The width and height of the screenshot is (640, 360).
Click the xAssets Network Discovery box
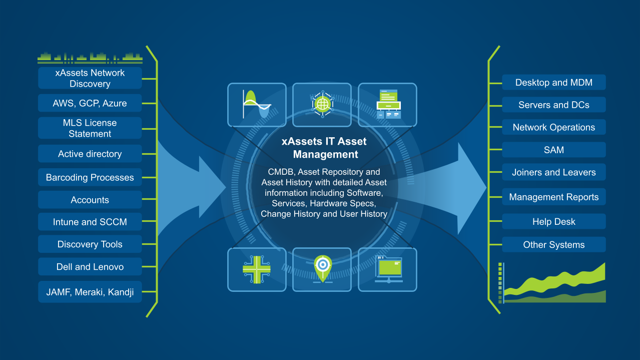[x=90, y=78]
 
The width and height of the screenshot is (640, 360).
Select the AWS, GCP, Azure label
[x=90, y=103]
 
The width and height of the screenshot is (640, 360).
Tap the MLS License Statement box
[x=90, y=128]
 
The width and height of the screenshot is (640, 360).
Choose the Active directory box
[x=90, y=154]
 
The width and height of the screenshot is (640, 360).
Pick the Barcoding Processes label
[x=90, y=177]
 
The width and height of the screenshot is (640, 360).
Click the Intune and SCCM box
[x=90, y=222]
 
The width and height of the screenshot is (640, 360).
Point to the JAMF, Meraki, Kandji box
[x=90, y=292]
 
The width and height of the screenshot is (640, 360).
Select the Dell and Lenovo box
[x=90, y=267]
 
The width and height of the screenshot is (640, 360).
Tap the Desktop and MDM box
[x=554, y=83]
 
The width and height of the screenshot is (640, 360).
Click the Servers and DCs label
[x=554, y=105]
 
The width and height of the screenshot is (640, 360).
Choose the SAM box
[x=554, y=150]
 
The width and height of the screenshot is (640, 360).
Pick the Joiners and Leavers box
[x=554, y=172]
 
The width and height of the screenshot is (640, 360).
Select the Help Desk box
[x=554, y=222]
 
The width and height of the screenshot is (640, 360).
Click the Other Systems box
[x=554, y=245]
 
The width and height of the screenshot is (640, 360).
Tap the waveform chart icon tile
[x=257, y=105]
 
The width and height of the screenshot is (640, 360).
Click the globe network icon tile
[x=322, y=105]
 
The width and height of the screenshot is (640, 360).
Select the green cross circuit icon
[x=257, y=269]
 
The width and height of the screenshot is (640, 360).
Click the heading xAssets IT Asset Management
[x=324, y=148]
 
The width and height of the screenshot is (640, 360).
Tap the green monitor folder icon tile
[x=387, y=269]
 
